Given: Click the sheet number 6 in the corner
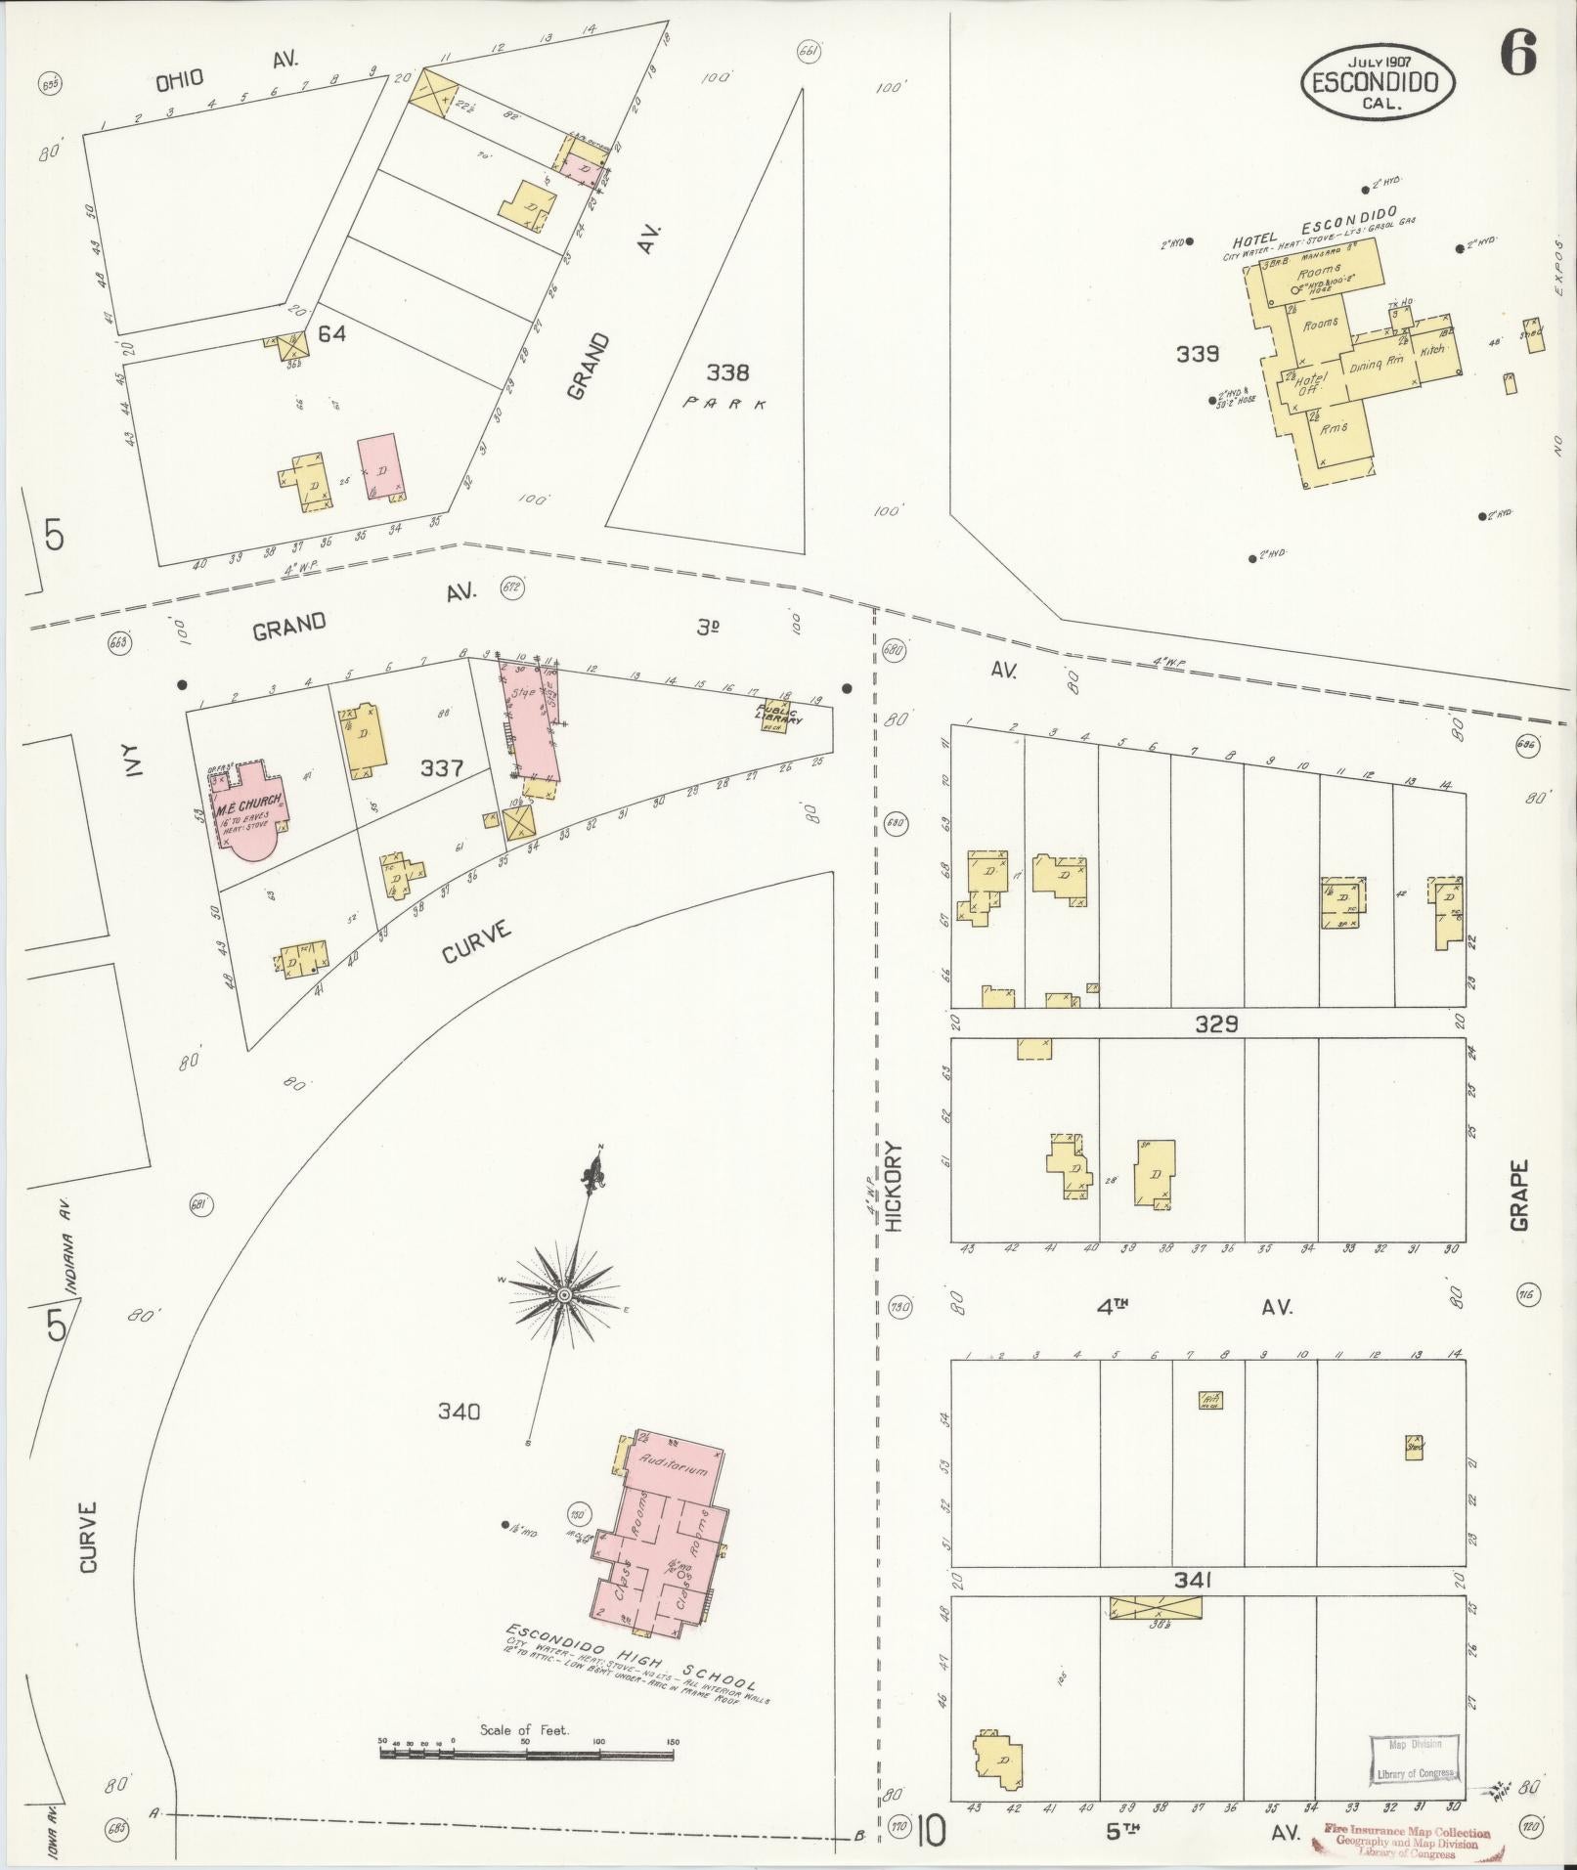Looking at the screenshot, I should [x=1517, y=53].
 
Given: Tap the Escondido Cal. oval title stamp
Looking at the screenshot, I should [x=1377, y=82].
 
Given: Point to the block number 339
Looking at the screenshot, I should [x=1198, y=354].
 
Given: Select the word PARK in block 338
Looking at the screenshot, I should [x=724, y=403].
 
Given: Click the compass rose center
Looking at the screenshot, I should [x=563, y=1295].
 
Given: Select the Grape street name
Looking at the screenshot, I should [x=1518, y=1193].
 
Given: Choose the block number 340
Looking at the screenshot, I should [x=460, y=1411].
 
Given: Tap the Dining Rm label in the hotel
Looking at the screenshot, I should [x=1378, y=364].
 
